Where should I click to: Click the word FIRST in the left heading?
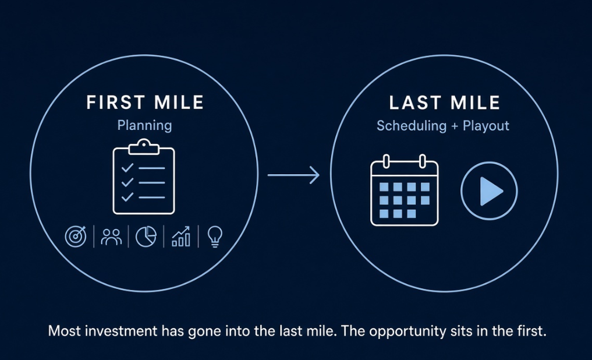click(115, 103)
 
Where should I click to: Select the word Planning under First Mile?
click(144, 125)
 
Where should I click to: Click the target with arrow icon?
click(76, 237)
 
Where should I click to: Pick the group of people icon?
click(111, 237)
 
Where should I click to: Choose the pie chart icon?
click(146, 237)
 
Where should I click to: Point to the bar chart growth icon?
click(181, 237)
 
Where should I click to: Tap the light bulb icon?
click(215, 237)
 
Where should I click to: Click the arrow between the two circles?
click(293, 175)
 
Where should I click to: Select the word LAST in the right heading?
click(414, 103)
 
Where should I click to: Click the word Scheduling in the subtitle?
click(412, 125)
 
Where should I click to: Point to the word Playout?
click(486, 125)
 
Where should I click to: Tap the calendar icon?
click(405, 190)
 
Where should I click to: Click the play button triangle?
click(491, 192)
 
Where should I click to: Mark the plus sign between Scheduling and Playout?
click(455, 126)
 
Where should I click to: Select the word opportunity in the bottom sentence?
click(407, 331)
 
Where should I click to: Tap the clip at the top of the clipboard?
click(144, 147)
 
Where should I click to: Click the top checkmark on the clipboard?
click(127, 167)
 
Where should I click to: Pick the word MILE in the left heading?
click(179, 103)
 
